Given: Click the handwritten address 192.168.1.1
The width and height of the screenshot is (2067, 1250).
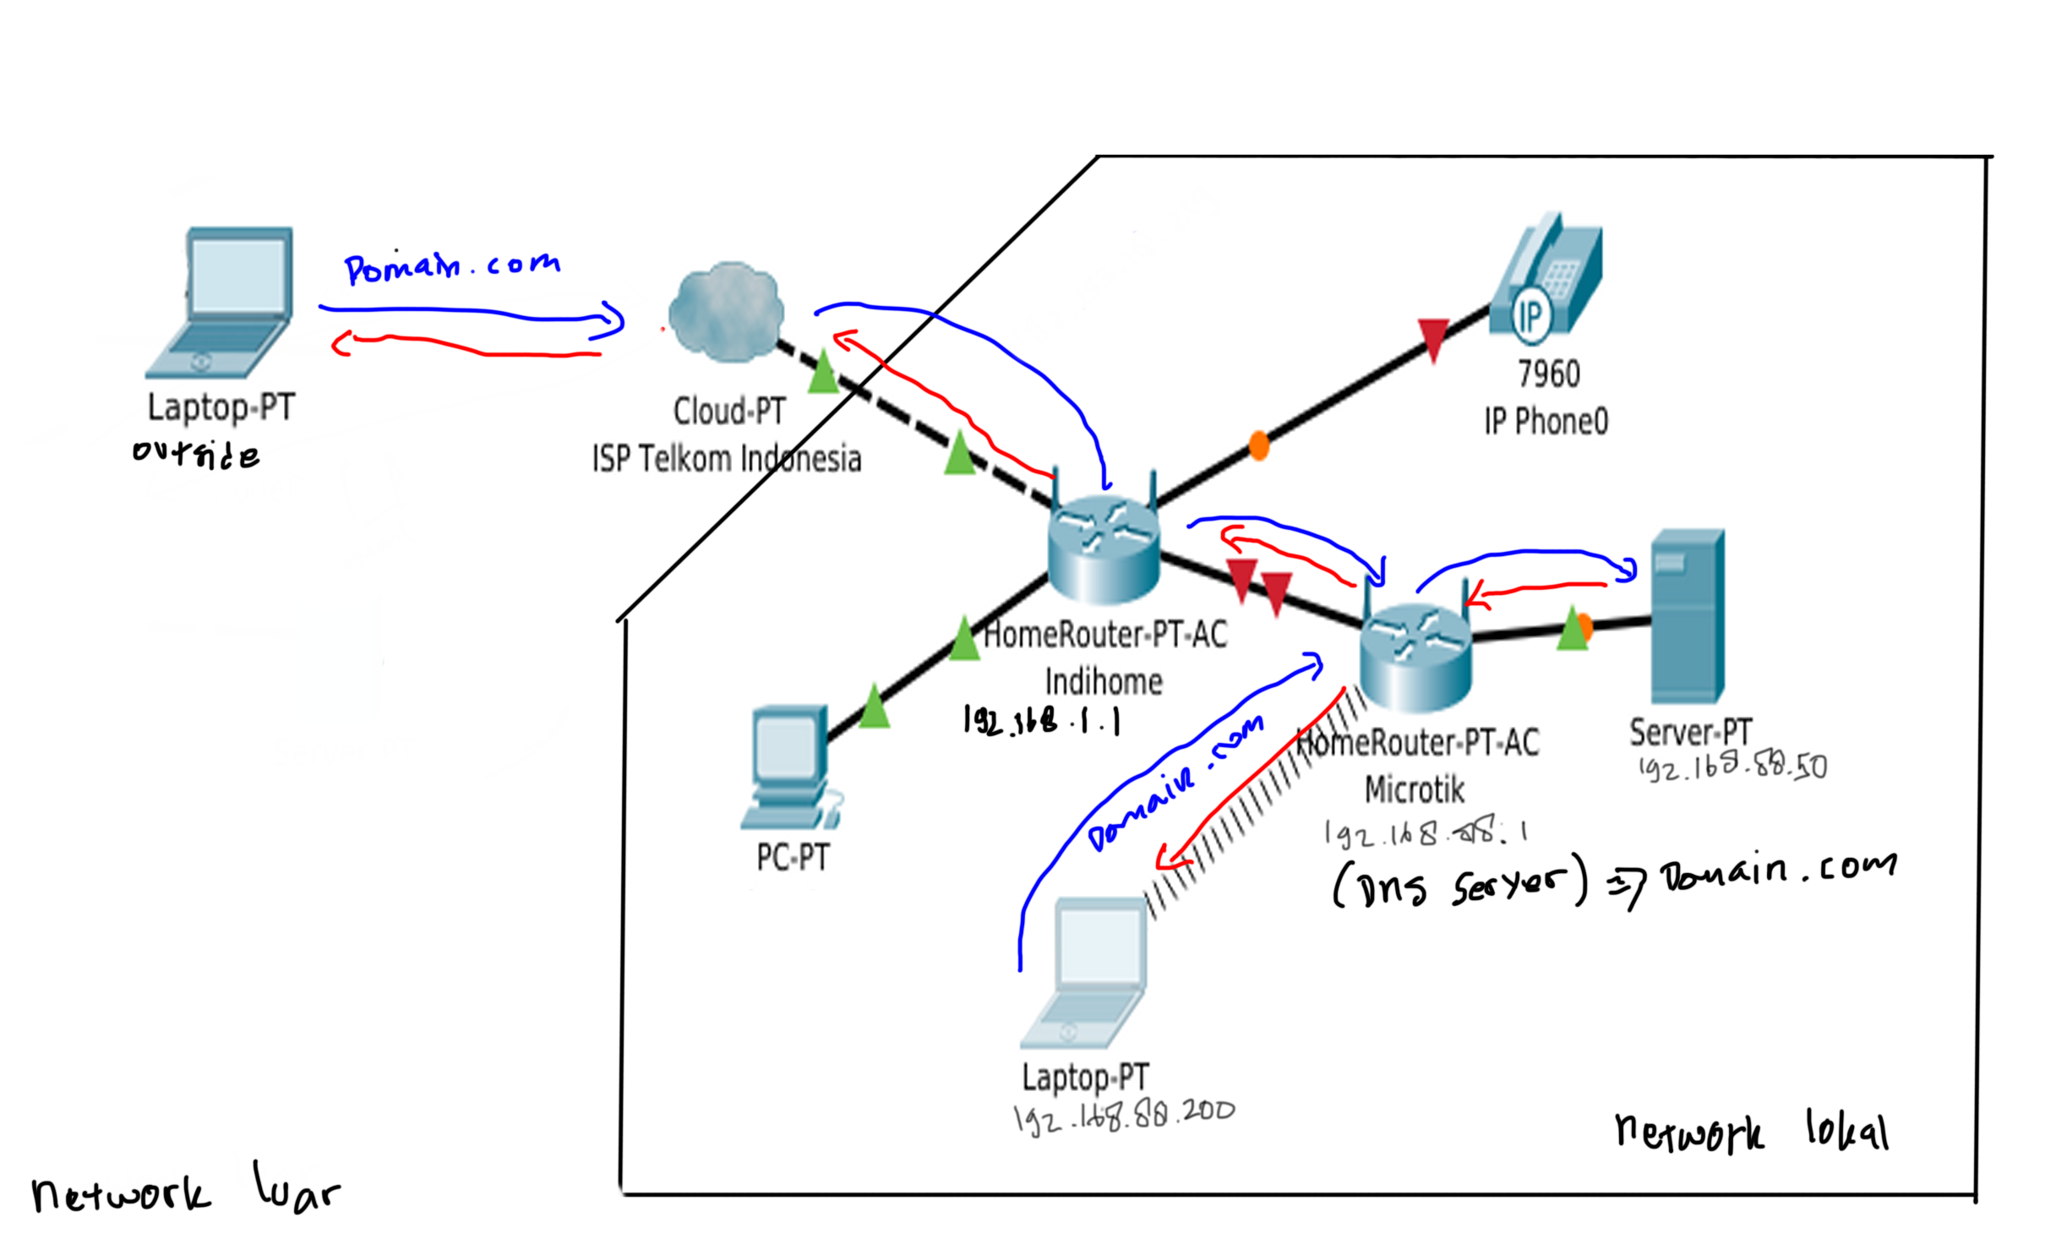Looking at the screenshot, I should pyautogui.click(x=1042, y=721).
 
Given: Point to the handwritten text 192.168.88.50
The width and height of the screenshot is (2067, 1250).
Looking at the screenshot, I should pyautogui.click(x=1732, y=767).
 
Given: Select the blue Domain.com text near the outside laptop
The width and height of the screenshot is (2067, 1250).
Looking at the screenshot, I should pyautogui.click(x=452, y=267).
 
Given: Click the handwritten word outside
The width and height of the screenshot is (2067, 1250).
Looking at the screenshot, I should pyautogui.click(x=196, y=454).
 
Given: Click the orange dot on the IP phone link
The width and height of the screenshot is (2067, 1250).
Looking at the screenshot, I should pyautogui.click(x=1259, y=445).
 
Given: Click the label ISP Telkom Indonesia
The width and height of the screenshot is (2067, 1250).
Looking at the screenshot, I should pyautogui.click(x=727, y=459).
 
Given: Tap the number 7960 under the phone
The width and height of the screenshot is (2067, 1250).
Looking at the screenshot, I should pyautogui.click(x=1548, y=374).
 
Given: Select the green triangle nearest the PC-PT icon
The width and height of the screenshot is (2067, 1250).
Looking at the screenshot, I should pyautogui.click(x=874, y=707).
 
